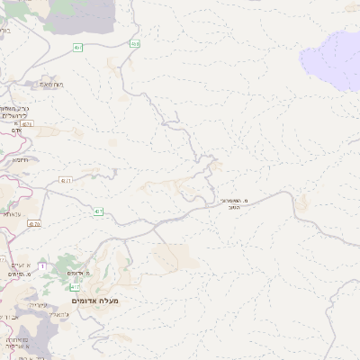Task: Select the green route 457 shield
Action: tap(78, 47)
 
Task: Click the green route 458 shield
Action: tap(135, 43)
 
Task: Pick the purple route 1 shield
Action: tap(41, 266)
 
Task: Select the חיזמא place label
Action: tap(20, 160)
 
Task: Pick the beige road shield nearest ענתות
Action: tap(35, 223)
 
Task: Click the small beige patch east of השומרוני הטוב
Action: tap(303, 202)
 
